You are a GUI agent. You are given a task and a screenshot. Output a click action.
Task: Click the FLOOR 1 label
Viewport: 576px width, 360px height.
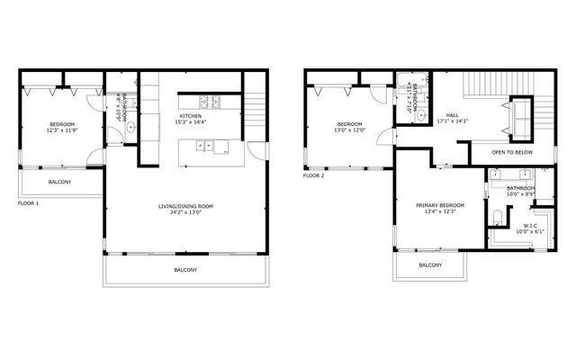point(29,203)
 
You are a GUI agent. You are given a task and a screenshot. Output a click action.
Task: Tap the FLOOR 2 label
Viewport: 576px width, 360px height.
point(314,175)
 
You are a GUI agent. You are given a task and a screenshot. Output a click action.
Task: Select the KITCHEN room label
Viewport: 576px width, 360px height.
point(190,116)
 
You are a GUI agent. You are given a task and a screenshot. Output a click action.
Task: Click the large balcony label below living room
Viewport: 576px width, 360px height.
point(185,270)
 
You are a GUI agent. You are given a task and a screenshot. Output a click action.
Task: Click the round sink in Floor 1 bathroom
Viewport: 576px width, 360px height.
point(131,128)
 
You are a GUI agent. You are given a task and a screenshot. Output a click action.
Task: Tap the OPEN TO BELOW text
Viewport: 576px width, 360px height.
point(509,153)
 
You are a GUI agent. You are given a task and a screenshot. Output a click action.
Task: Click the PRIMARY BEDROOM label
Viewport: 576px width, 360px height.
point(440,205)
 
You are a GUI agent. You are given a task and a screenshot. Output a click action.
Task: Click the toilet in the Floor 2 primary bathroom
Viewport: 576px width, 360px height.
point(497,215)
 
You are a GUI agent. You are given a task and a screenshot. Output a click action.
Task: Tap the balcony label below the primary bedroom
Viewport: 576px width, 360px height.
point(431,265)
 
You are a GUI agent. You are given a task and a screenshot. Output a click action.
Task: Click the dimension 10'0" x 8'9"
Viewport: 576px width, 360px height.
point(521,194)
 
